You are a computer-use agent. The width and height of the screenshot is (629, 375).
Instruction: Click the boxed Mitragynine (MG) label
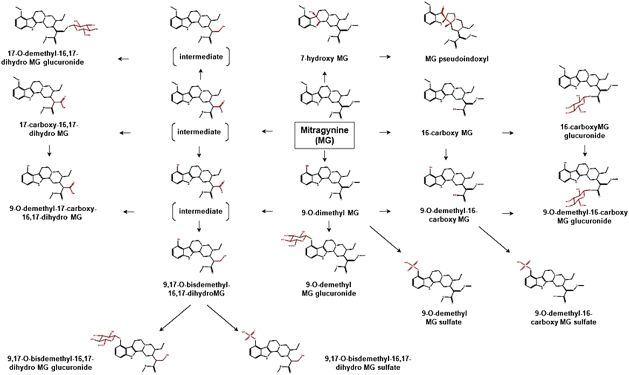[324, 135]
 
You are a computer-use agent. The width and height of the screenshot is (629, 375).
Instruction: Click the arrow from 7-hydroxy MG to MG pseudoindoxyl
[385, 56]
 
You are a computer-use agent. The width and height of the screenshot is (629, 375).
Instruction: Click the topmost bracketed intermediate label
[201, 57]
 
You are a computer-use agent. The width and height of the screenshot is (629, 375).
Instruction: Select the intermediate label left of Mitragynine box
[199, 132]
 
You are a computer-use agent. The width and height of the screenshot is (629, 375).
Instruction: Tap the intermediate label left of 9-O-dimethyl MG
[201, 211]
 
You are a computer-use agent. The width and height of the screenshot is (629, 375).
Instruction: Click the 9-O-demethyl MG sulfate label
[444, 317]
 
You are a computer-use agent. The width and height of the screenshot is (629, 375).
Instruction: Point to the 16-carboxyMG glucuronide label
[584, 131]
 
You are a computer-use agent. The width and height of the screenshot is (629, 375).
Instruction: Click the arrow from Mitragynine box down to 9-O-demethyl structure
[324, 156]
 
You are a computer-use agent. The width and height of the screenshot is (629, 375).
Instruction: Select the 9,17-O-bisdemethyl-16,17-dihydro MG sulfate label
[368, 363]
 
